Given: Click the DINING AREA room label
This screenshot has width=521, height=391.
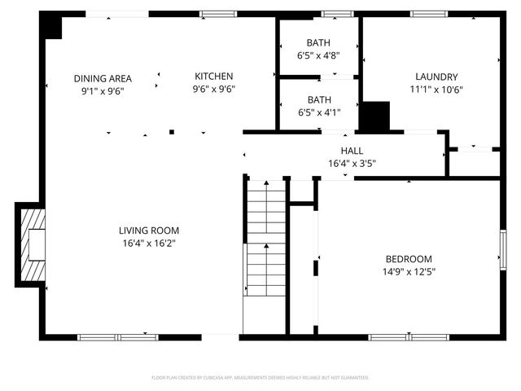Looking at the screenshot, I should click(103, 79).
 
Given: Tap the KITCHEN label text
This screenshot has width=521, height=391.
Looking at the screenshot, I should click(214, 76).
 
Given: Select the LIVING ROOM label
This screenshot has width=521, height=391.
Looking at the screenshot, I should click(149, 231).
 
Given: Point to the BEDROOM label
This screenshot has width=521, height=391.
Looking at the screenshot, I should click(409, 260).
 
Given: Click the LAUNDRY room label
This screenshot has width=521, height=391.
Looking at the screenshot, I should click(436, 77).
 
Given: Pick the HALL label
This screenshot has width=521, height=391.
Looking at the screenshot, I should click(352, 151).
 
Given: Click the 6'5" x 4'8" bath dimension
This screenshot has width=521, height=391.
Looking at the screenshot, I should click(318, 56).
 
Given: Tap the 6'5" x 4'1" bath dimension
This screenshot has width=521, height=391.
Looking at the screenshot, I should click(318, 113).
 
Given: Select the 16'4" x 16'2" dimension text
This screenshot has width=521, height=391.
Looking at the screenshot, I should click(149, 243).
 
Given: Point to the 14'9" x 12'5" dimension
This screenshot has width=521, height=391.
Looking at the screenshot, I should click(409, 272).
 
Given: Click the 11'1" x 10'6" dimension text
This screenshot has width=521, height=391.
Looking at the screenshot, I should click(436, 90).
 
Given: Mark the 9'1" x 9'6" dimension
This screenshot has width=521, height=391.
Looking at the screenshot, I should click(103, 91).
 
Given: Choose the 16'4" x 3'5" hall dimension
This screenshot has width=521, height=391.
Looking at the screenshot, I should click(352, 163).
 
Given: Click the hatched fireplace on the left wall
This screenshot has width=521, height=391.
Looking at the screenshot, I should click(33, 242).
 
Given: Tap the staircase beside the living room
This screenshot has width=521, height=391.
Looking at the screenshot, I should click(266, 244).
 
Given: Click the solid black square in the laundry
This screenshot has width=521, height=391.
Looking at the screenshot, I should click(375, 117).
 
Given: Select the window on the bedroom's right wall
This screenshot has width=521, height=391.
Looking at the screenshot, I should click(503, 248).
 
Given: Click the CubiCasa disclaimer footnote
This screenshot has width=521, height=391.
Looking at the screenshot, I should click(260, 378).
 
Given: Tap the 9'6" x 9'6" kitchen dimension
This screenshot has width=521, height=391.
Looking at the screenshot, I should click(214, 89).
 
